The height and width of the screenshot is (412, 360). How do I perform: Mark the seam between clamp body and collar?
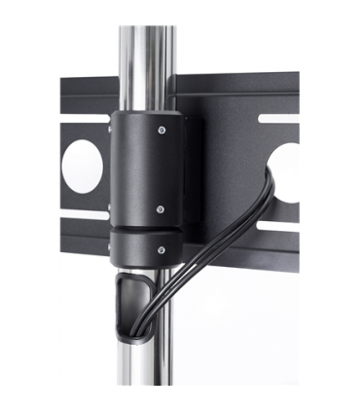[146, 230]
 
